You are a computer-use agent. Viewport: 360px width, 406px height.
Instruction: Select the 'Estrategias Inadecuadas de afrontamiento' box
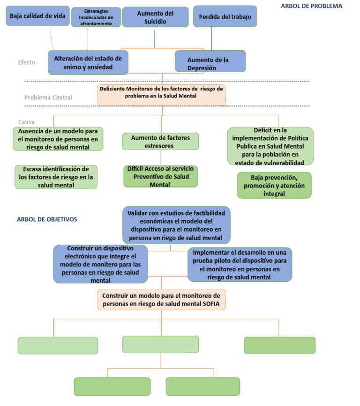(96, 17)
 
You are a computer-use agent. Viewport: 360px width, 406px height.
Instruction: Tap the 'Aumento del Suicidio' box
(155, 17)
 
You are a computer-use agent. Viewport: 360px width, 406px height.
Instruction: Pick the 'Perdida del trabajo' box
(225, 16)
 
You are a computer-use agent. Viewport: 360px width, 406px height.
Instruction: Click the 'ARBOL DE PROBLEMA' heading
(311, 6)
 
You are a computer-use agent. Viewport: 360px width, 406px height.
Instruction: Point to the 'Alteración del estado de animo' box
(88, 62)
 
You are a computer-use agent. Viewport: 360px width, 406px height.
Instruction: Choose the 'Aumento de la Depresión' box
(210, 63)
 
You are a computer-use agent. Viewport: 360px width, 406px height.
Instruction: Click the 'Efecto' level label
(26, 62)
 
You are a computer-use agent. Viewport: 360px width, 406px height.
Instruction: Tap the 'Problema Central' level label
(48, 98)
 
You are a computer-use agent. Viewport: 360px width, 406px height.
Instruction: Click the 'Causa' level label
(30, 122)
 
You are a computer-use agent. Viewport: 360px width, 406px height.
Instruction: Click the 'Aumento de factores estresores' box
(160, 141)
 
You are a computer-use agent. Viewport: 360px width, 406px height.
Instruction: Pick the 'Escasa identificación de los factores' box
(56, 177)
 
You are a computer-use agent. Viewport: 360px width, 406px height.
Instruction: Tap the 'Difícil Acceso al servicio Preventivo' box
(161, 176)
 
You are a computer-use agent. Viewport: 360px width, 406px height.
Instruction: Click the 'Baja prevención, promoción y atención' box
(274, 185)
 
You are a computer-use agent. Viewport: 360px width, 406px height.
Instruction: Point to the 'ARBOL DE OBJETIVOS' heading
(47, 219)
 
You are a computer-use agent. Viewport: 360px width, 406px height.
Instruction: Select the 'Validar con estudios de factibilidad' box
(176, 225)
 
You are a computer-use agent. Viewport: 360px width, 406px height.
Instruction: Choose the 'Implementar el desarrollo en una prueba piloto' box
(240, 264)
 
